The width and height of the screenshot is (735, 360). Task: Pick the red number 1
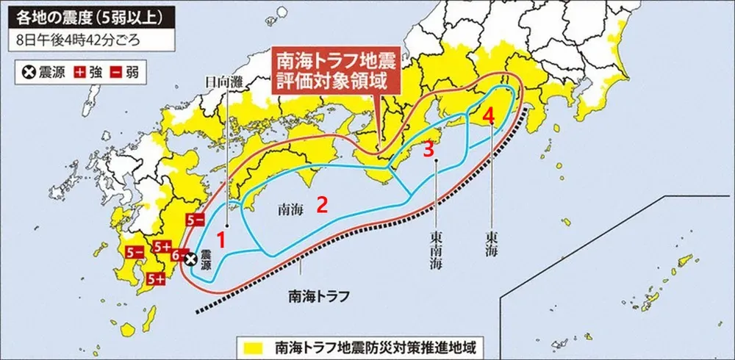[225, 240]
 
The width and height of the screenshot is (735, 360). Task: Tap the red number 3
[429, 149]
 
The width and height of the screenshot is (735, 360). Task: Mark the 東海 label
[491, 243]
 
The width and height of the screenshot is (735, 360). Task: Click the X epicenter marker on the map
[190, 259]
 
